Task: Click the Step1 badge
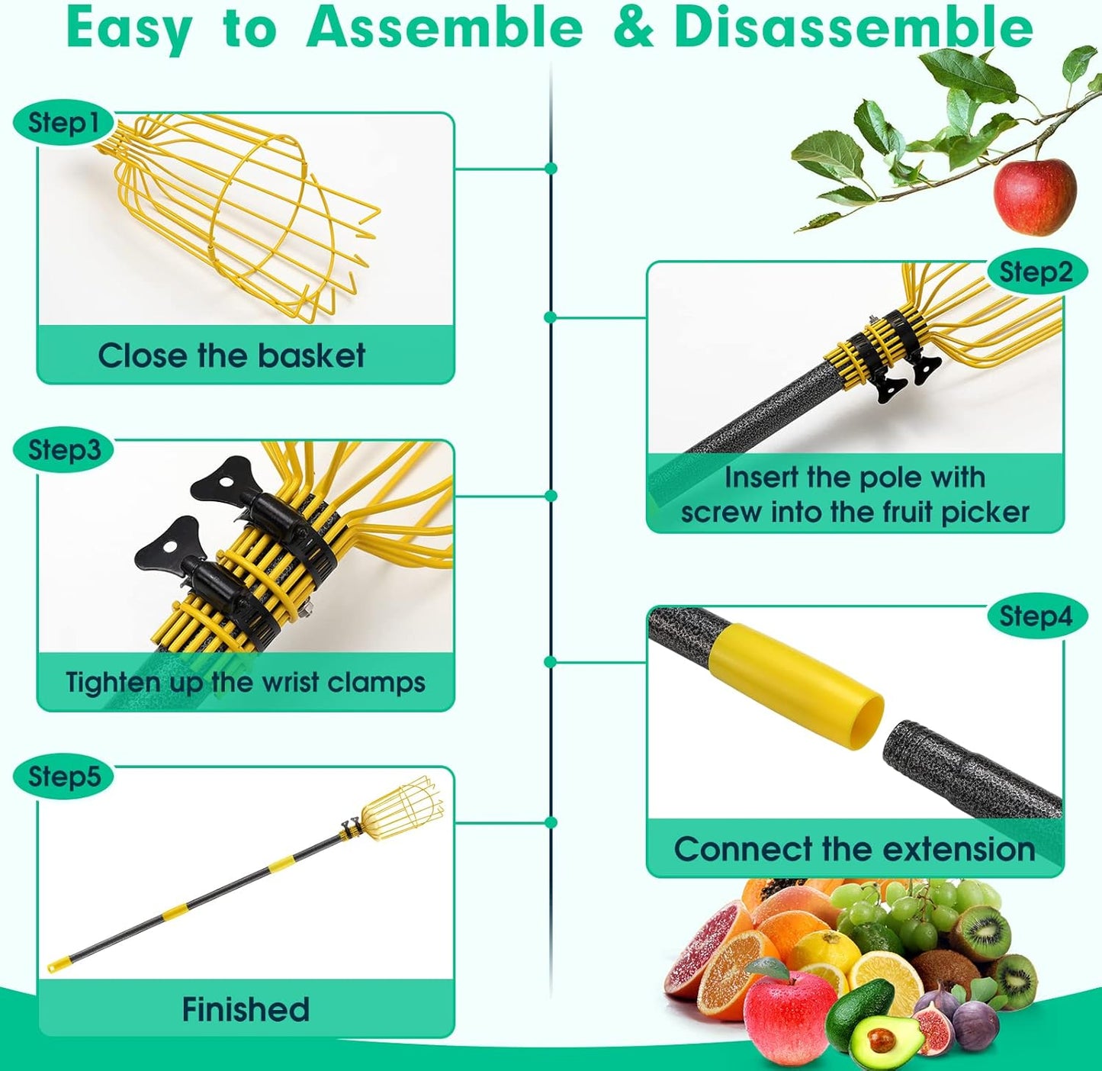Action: (x=63, y=123)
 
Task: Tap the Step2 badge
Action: (x=1036, y=272)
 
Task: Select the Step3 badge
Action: (x=63, y=449)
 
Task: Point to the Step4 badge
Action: (x=1036, y=616)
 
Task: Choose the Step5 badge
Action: (x=63, y=777)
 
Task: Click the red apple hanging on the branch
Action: (x=1034, y=196)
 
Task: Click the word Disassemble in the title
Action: (x=853, y=27)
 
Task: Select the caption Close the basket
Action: (x=232, y=355)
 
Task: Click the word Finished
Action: (x=246, y=1009)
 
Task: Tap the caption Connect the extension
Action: (x=854, y=849)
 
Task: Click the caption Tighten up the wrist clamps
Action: (x=246, y=682)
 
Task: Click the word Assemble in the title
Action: (x=444, y=27)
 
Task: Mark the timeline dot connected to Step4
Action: (x=551, y=662)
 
